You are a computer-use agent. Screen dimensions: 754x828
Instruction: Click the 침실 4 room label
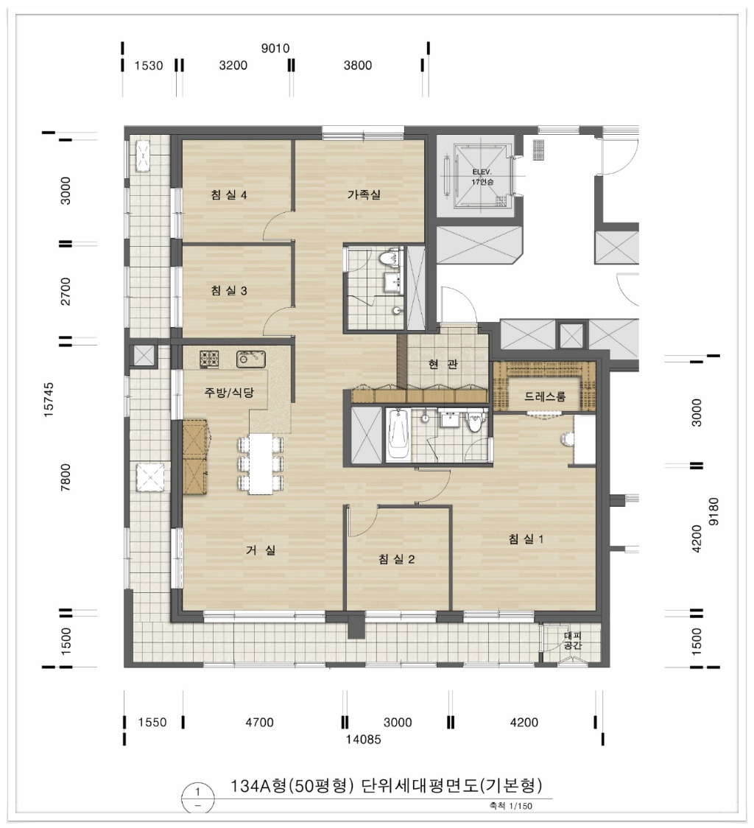pos(228,195)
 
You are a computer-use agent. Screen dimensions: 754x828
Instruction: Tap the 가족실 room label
pos(364,194)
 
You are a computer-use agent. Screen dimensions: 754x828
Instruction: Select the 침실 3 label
pos(228,290)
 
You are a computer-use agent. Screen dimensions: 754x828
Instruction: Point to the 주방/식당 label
pos(229,393)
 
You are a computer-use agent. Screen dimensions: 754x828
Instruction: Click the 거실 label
pos(261,550)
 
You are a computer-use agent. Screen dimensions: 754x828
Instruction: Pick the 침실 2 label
pos(397,558)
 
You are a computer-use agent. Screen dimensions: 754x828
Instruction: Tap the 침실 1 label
pos(526,538)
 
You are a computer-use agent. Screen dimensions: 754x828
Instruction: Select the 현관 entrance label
pos(443,364)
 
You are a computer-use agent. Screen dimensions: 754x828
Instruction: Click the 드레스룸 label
pos(545,396)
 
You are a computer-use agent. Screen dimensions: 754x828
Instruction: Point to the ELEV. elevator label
pos(482,172)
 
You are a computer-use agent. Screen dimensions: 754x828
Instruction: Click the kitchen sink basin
pos(250,359)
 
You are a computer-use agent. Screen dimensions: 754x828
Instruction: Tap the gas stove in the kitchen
pos(209,359)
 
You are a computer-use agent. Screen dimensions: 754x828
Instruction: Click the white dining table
pos(261,463)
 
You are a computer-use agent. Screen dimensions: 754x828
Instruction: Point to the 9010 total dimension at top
pos(275,49)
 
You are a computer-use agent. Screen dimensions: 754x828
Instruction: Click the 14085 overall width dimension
pos(363,740)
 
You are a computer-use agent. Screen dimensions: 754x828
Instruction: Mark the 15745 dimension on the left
pos(49,400)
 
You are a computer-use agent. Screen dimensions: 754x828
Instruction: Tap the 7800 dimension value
pos(66,477)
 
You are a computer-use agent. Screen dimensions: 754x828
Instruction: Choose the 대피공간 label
pos(572,641)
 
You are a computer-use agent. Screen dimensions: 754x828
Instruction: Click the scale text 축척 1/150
pos(510,807)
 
